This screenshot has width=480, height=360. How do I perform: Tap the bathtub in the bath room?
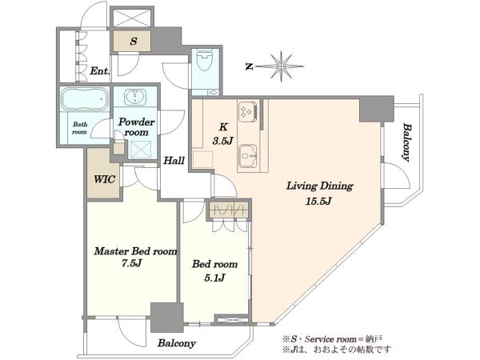85,98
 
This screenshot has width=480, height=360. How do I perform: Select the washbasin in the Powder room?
135,97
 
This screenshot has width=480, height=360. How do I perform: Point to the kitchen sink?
248,156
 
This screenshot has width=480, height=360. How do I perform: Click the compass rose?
281,66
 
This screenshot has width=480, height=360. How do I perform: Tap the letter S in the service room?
133,41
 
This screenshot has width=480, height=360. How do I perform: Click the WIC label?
105,179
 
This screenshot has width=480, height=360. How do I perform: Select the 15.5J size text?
318,202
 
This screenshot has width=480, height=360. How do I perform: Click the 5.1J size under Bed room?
214,278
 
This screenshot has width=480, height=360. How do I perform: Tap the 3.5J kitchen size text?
223,141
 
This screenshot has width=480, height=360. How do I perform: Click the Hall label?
174,161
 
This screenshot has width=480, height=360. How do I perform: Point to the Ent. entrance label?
100,71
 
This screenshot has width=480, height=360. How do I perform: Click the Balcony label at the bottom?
177,343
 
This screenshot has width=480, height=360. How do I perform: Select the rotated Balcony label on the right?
406,142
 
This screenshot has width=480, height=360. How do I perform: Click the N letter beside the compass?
250,66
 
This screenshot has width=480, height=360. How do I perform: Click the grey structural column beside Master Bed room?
167,318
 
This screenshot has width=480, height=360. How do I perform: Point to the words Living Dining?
319,186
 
